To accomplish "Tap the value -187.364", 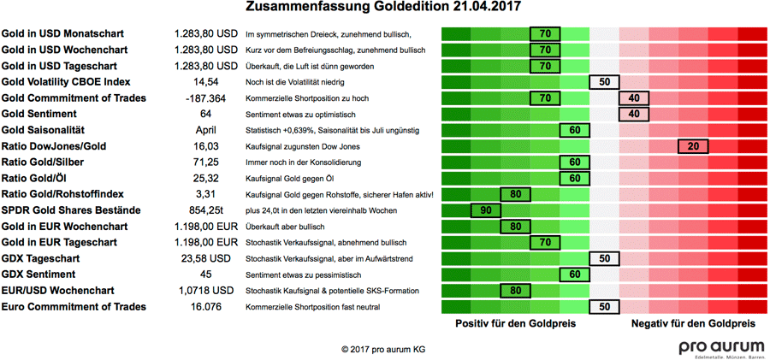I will click(x=205, y=98).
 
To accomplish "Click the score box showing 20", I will click(x=693, y=146).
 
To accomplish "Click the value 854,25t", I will click(x=205, y=210).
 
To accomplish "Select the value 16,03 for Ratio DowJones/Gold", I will click(x=205, y=146).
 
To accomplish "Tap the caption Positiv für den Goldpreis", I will click(x=515, y=324).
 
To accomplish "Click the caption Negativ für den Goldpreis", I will click(x=693, y=324).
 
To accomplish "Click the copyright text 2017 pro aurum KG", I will click(x=382, y=350).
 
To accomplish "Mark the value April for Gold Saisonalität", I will click(x=205, y=130).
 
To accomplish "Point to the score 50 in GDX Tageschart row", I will click(x=604, y=258).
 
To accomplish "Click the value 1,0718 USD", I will click(x=205, y=291).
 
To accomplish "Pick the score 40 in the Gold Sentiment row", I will click(x=634, y=114).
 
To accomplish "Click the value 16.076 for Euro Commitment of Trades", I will click(x=205, y=306).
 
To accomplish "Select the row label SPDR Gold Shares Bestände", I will click(x=65, y=210).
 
